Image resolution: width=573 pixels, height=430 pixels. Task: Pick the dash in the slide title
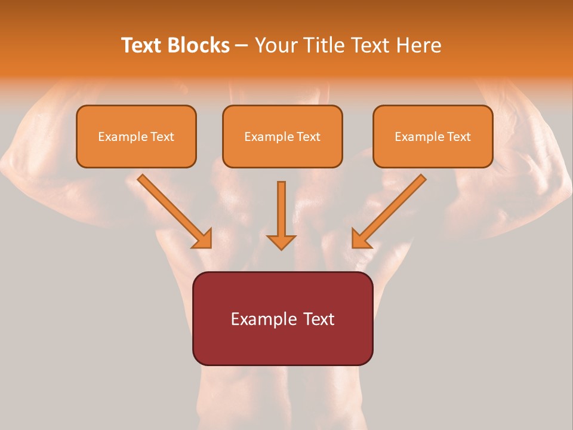(x=242, y=46)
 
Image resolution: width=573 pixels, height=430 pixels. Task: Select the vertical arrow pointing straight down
(x=281, y=212)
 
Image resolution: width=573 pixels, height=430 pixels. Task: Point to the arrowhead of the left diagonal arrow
(x=203, y=239)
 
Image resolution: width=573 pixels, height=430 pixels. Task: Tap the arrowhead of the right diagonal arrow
(x=361, y=239)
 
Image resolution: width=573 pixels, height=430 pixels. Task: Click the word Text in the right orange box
(x=458, y=137)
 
